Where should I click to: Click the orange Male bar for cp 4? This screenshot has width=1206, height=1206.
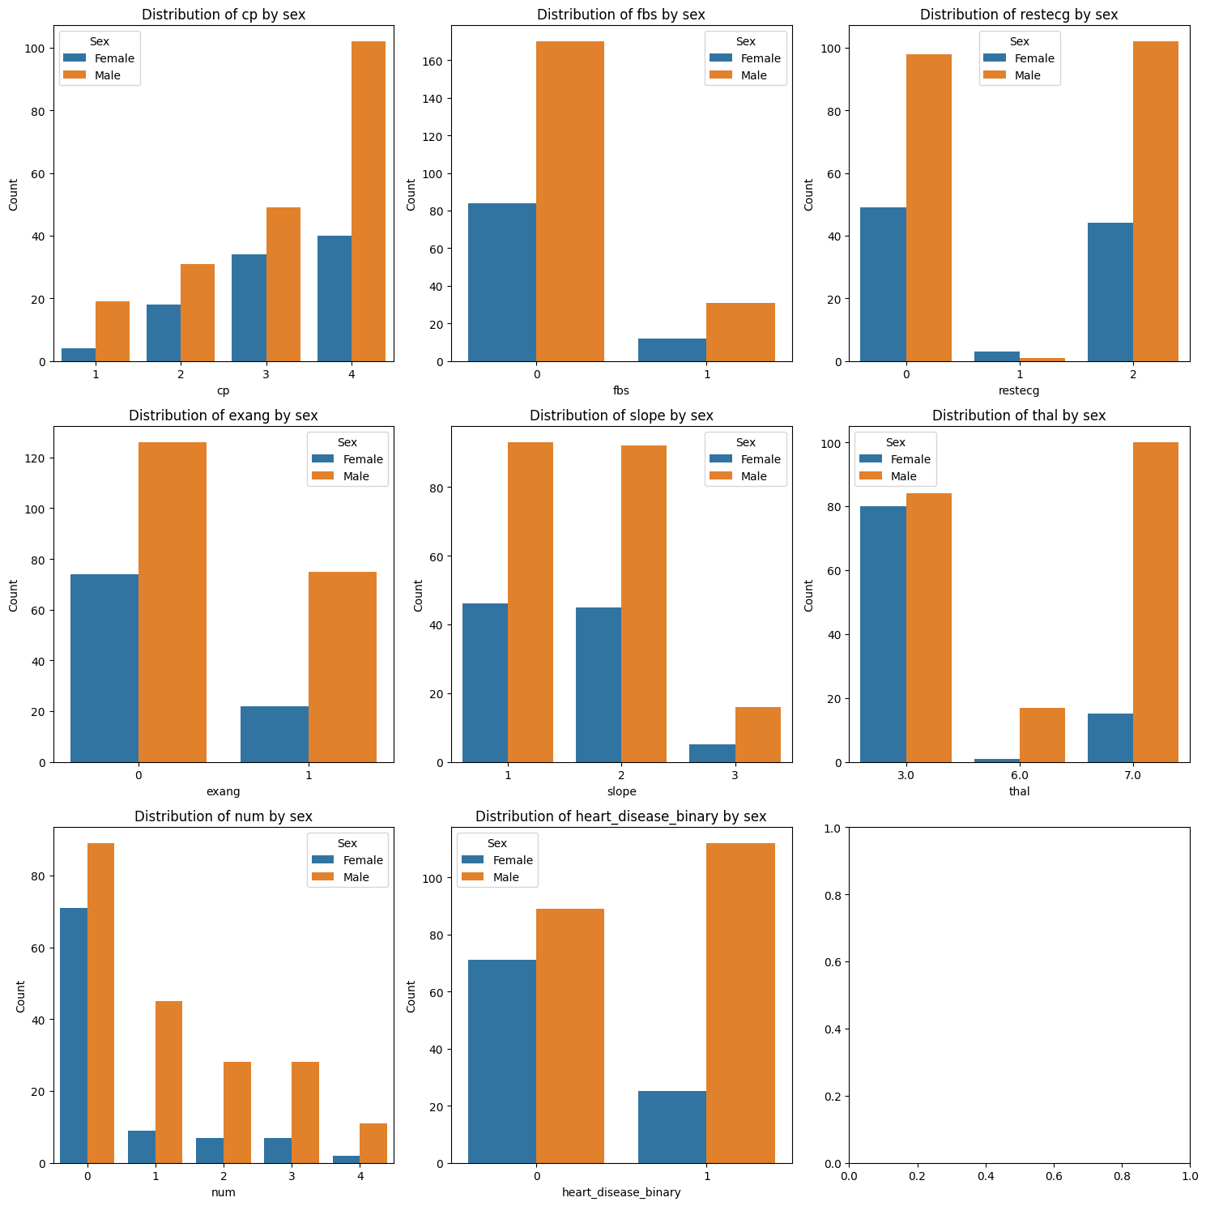click(x=369, y=202)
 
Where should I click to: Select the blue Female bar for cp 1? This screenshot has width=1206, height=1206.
click(x=79, y=355)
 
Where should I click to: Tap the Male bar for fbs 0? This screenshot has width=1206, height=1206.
click(x=570, y=202)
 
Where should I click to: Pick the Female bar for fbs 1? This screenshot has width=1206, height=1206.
click(x=672, y=350)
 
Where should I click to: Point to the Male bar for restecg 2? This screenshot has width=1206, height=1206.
click(x=1156, y=202)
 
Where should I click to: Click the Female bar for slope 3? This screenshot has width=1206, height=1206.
click(x=712, y=753)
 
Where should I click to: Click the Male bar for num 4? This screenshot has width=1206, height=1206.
click(x=373, y=1143)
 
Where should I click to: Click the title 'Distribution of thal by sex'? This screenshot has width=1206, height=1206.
click(x=1019, y=415)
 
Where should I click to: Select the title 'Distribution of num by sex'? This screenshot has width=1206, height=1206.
click(x=224, y=816)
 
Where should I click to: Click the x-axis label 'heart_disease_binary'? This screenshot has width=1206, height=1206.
click(x=621, y=1192)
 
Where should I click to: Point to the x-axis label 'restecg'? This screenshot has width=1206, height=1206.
click(x=1019, y=390)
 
